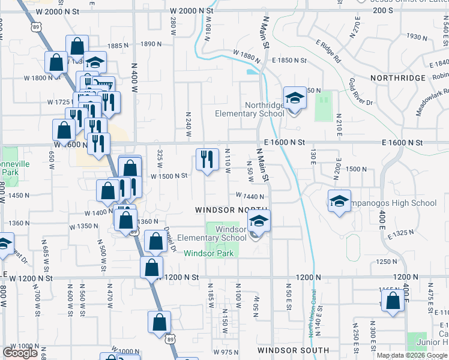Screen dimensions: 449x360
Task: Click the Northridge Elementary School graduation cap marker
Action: point(295,99)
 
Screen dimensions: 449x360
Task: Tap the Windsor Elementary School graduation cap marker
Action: point(259,222)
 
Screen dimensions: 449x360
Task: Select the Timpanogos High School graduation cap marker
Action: point(339,202)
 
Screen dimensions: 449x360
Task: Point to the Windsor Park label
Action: point(208,253)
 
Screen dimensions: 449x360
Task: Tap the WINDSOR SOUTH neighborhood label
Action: point(293,350)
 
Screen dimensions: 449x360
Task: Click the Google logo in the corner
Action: point(20,353)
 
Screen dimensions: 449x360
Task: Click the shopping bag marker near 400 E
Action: point(392,302)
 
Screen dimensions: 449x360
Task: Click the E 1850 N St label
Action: point(288,61)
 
